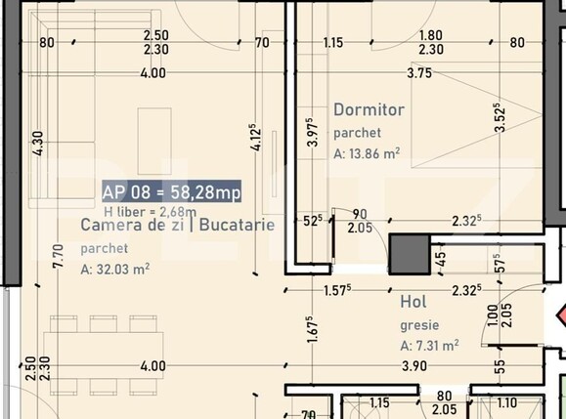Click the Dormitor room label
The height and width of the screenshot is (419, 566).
[369, 110]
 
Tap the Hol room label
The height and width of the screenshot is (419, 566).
[413, 303]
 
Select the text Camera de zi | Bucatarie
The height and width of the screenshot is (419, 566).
[177, 226]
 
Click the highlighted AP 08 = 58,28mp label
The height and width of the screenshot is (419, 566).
[171, 191]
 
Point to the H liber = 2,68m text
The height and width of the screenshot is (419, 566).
[150, 210]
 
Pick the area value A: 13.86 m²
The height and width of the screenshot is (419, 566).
[367, 153]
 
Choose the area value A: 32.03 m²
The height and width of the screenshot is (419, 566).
[114, 270]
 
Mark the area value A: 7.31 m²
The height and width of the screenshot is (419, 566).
[429, 345]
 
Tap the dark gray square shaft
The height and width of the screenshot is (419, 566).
[410, 254]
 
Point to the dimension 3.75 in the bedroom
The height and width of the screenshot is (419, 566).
[419, 72]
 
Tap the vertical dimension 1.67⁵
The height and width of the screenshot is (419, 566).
[309, 329]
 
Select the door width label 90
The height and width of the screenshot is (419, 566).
[359, 214]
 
